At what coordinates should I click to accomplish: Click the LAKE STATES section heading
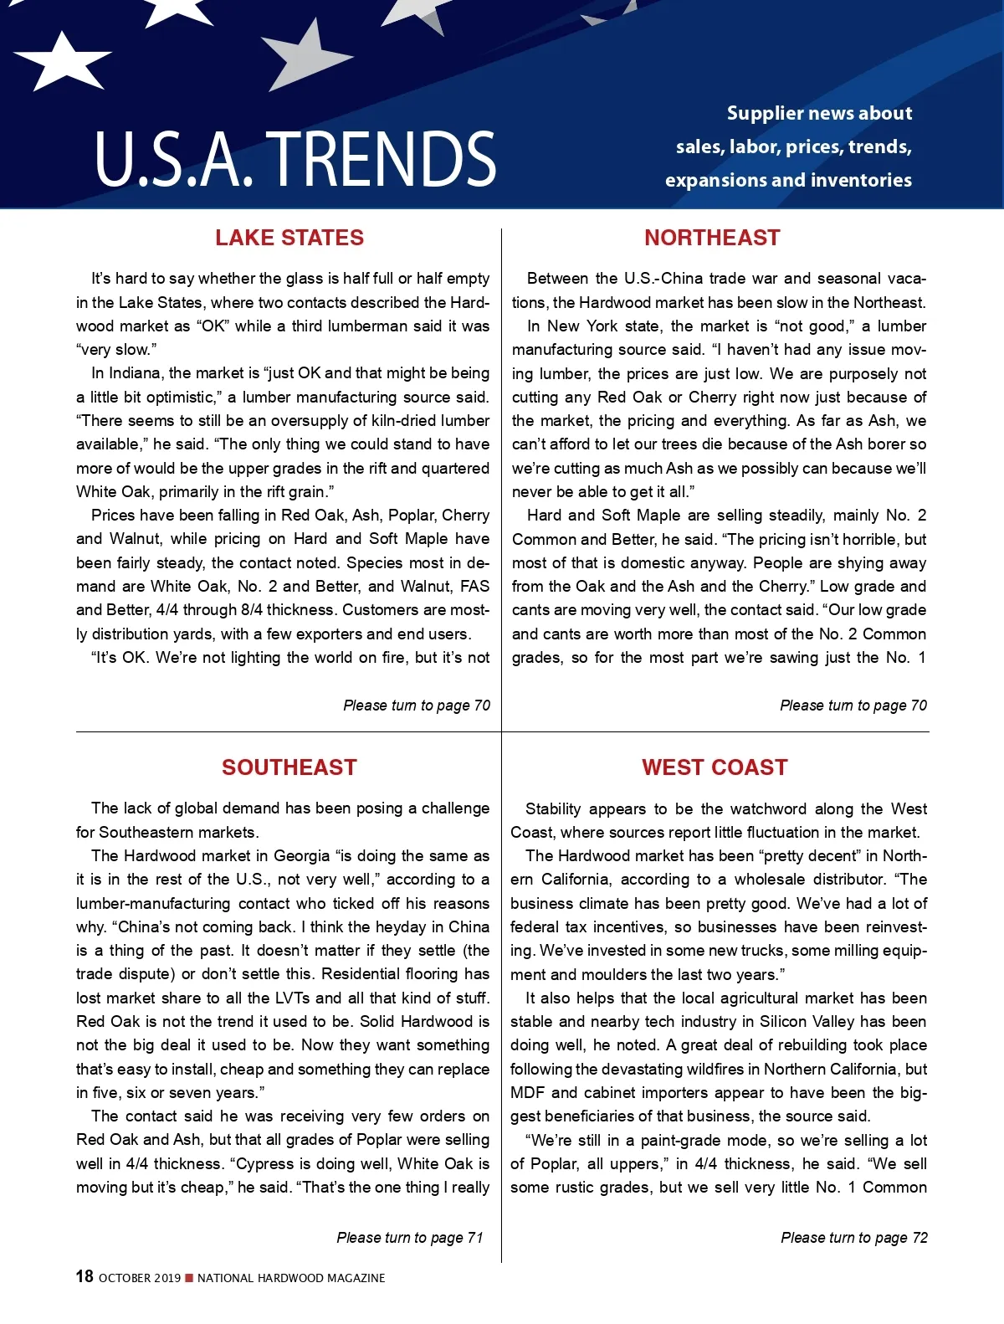pos(289,238)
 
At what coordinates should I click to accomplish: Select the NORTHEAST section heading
pos(712,238)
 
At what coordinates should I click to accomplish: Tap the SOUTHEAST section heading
pos(289,767)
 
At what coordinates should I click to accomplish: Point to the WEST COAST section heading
pos(715,767)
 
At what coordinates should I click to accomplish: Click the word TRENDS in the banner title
pos(386,159)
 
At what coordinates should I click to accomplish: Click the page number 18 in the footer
pos(85,1276)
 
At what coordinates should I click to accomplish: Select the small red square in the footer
pos(189,1278)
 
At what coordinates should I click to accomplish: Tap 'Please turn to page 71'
pos(410,1238)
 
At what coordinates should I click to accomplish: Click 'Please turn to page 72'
pos(854,1238)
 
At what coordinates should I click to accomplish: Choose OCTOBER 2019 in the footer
pos(140,1278)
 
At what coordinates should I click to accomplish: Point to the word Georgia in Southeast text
pos(301,856)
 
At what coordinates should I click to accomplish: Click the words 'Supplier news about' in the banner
pos(819,114)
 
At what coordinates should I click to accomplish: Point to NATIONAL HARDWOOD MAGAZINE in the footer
pos(291,1278)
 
